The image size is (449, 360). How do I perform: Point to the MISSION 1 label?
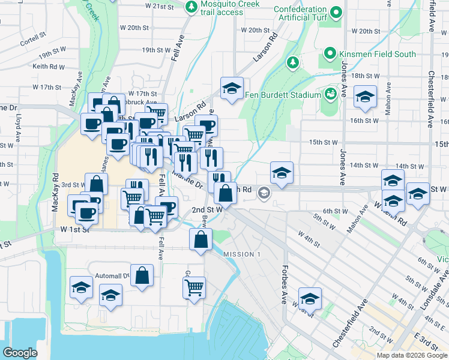coord(242,254)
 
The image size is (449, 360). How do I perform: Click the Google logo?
coord(20,352)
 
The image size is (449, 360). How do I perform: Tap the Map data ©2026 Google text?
coord(412,355)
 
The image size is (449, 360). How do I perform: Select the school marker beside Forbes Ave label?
coord(310,298)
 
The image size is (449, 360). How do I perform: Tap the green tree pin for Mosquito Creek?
coord(191,7)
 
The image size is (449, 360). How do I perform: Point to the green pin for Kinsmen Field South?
coord(330,54)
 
